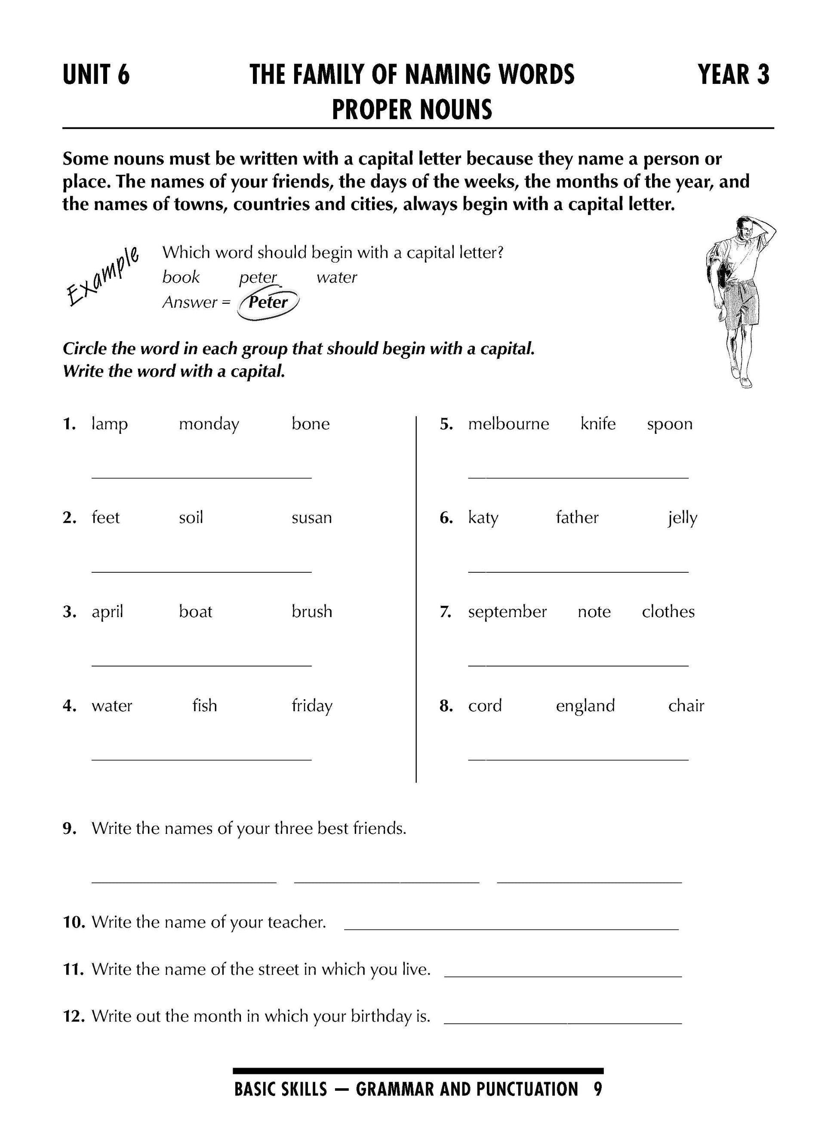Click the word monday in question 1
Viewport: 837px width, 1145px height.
point(209,424)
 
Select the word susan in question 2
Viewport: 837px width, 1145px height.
point(311,518)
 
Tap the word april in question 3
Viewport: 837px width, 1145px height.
point(108,612)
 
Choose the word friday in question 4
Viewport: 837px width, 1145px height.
point(311,706)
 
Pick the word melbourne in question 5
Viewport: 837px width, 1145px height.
point(508,424)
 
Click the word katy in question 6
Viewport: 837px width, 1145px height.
point(483,518)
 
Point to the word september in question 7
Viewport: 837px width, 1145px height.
point(507,612)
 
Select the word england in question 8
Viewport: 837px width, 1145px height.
point(585,706)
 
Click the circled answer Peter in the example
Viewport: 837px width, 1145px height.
point(268,302)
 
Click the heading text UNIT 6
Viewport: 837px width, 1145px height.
point(96,75)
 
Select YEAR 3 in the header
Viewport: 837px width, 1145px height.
point(733,75)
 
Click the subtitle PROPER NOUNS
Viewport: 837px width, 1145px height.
point(412,109)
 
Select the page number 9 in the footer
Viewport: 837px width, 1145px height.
point(598,1089)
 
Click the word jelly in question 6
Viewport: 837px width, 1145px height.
point(683,518)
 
